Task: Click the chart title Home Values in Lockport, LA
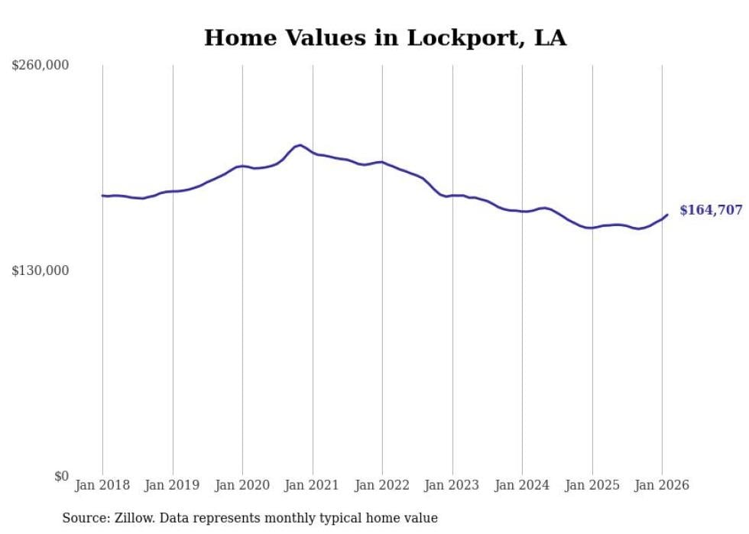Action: pos(385,38)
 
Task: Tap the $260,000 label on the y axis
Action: pos(41,66)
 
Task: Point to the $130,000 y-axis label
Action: pos(41,270)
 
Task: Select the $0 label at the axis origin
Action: pos(61,476)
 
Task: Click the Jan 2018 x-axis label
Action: pos(102,485)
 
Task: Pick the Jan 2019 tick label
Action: pos(173,485)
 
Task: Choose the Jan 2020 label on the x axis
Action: pos(242,485)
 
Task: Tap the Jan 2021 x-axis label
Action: pos(313,485)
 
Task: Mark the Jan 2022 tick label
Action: pos(382,485)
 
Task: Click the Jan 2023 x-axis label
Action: pos(452,485)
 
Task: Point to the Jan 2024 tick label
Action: pos(522,485)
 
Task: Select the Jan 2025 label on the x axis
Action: pos(592,485)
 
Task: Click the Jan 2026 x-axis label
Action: pos(662,485)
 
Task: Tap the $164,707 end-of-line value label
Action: pos(711,210)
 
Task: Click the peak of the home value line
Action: pos(300,144)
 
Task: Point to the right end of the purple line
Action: pos(667,215)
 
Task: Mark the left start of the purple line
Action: pos(102,196)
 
